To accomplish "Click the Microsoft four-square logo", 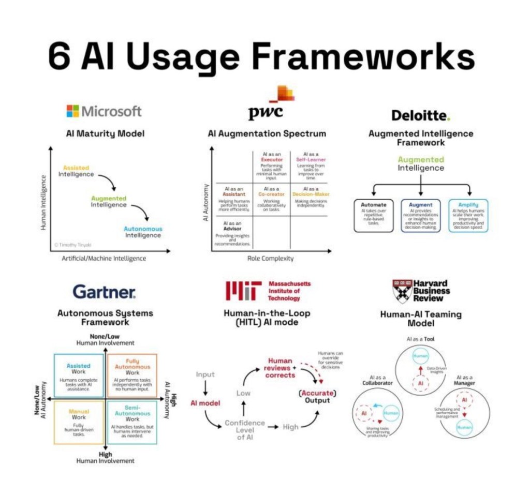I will click(x=72, y=111).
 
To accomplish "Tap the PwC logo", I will click(x=270, y=106).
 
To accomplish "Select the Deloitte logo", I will click(x=420, y=115).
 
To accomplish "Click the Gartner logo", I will click(x=105, y=292).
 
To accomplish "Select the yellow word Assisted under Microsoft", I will click(x=76, y=168).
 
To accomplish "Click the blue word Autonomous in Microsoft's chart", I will click(x=143, y=229).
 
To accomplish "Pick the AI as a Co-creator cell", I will click(x=271, y=199).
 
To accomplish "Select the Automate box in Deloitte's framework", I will click(x=374, y=215).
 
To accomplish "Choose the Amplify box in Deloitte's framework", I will click(x=468, y=215).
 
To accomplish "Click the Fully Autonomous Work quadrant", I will click(x=132, y=375).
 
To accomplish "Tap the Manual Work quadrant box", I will click(x=79, y=421).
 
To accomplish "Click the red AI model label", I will click(x=205, y=402).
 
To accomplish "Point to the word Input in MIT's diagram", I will click(x=205, y=374).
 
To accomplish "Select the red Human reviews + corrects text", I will click(x=280, y=368).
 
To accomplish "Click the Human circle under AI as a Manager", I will click(x=464, y=427).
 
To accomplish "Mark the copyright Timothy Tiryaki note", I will click(x=72, y=245).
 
